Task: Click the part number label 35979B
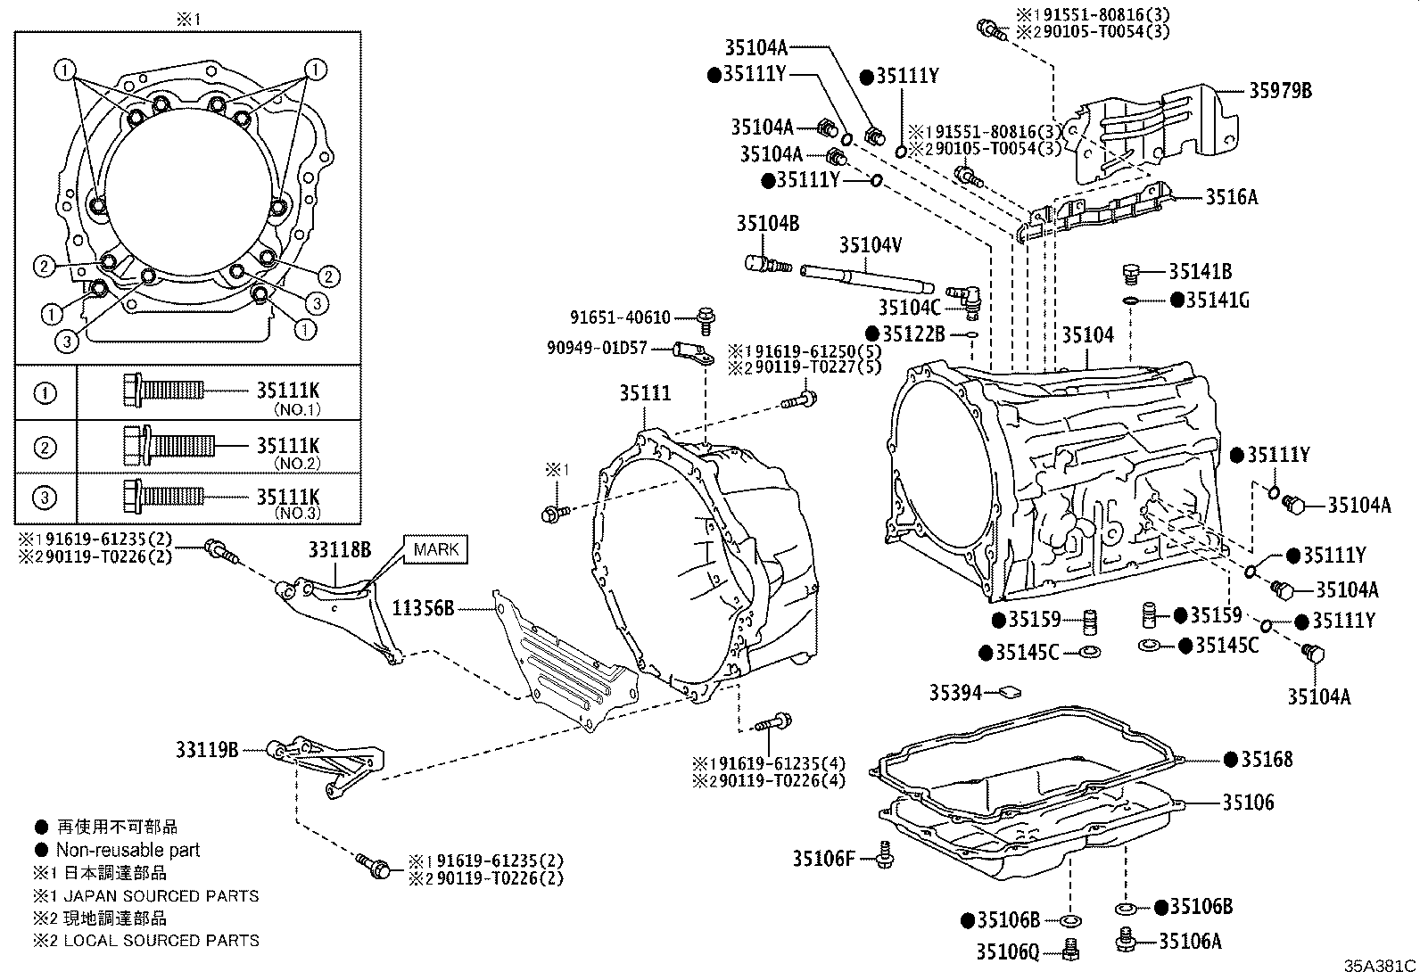tap(1279, 91)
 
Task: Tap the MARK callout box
tap(436, 549)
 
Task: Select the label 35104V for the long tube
tap(871, 244)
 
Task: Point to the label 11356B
tap(424, 609)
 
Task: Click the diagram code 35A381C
tap(1380, 966)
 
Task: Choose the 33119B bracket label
tap(207, 751)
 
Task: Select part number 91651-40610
tap(621, 317)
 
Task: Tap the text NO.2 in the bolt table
tap(296, 464)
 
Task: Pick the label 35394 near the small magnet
tap(955, 692)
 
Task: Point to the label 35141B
tap(1200, 272)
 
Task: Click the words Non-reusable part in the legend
tap(128, 851)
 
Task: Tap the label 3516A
tap(1231, 198)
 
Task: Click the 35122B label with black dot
tap(912, 334)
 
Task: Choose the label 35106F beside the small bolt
tap(824, 859)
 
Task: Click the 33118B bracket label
tap(340, 550)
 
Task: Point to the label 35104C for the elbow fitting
tap(909, 308)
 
